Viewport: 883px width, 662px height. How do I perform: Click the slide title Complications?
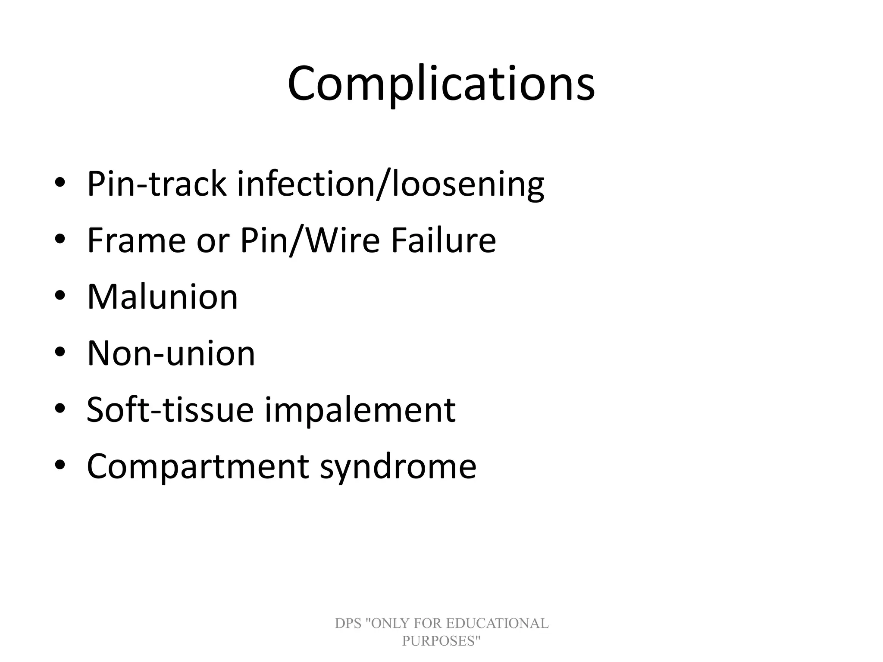(441, 84)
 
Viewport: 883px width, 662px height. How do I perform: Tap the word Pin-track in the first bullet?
(157, 184)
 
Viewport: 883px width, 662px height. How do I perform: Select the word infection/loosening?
(391, 184)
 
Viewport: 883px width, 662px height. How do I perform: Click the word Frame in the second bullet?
(136, 240)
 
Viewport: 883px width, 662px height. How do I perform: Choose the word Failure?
(444, 240)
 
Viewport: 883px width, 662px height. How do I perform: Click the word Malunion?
(163, 297)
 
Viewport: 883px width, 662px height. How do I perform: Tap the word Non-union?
(171, 353)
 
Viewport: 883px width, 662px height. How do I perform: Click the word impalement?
(360, 410)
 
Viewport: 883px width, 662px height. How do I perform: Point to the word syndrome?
(398, 466)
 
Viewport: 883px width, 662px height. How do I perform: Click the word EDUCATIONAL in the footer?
(497, 623)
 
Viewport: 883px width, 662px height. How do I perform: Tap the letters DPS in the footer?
(348, 623)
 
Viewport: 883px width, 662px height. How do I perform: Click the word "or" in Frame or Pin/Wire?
(213, 240)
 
